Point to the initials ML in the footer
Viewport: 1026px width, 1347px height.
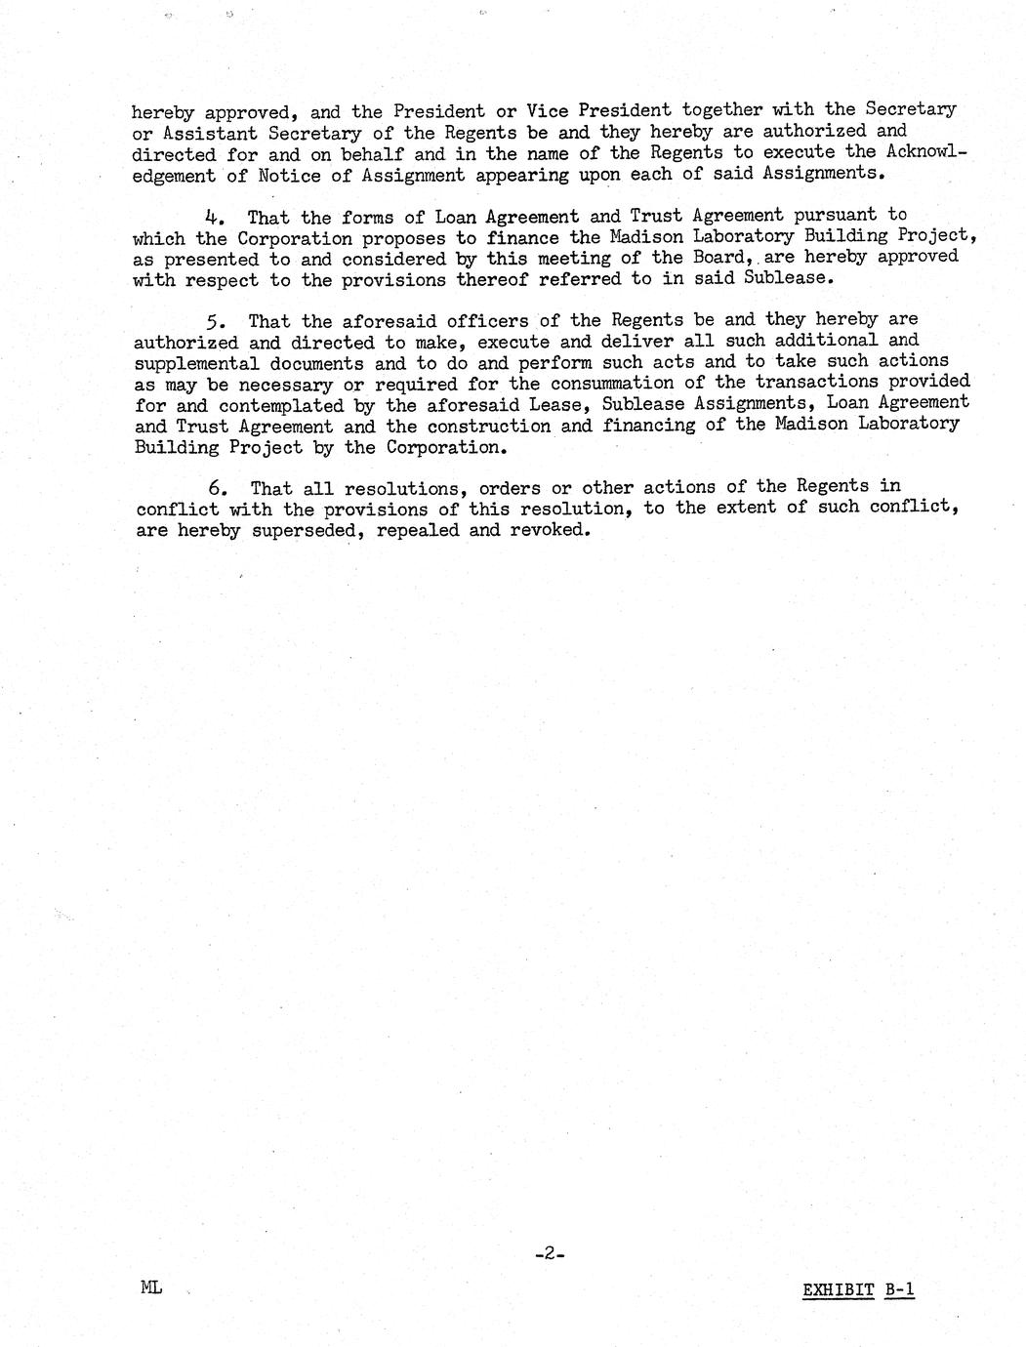click(x=150, y=1287)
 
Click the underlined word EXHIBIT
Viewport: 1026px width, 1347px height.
click(x=838, y=1290)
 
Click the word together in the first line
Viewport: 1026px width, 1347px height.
click(x=725, y=110)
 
